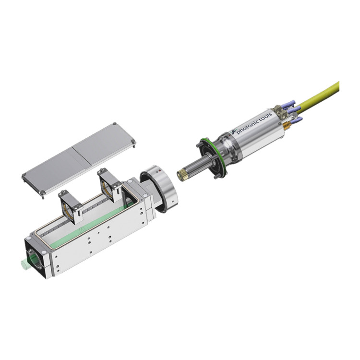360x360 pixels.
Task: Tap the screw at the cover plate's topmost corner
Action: [114, 124]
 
